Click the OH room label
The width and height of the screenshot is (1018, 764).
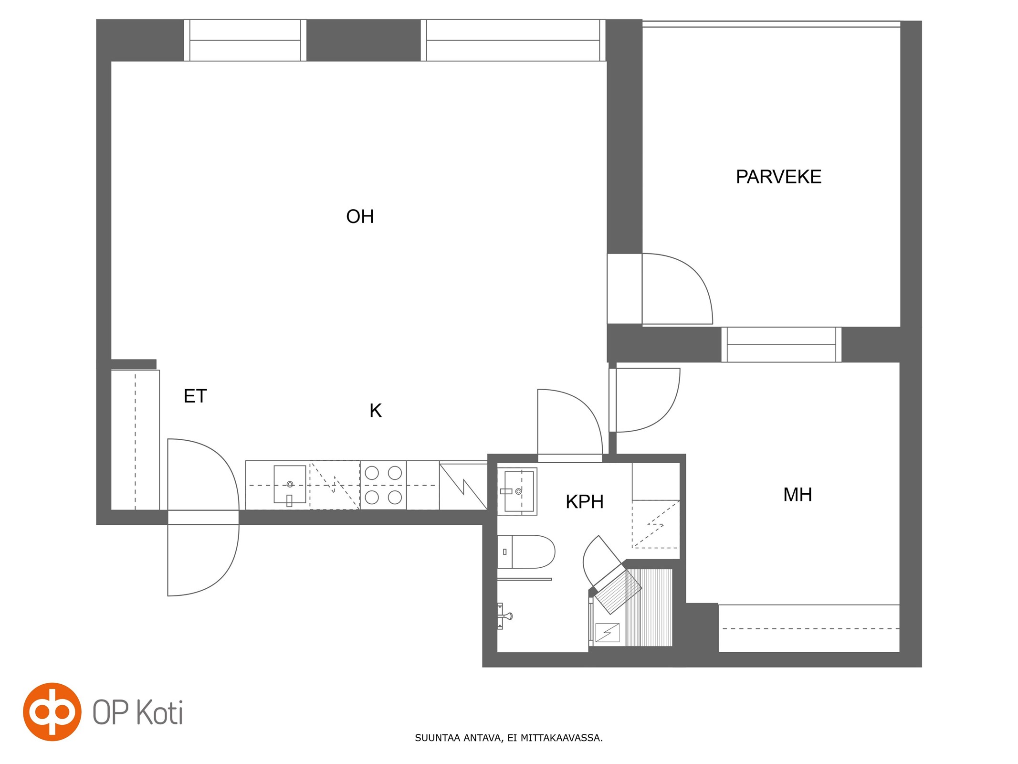(x=360, y=216)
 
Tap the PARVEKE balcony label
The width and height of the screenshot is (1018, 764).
(x=778, y=177)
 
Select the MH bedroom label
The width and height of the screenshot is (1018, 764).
(x=798, y=495)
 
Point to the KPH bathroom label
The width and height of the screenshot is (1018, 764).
(x=585, y=502)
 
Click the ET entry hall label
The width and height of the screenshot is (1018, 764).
(x=195, y=396)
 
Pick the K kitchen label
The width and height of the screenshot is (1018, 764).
(x=376, y=411)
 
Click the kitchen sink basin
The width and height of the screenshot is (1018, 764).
(x=290, y=484)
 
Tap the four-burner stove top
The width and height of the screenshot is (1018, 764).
(x=383, y=485)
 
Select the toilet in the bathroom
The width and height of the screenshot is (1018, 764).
(x=526, y=552)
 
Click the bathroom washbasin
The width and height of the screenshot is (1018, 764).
(x=517, y=491)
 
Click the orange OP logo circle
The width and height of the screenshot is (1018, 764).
(x=52, y=711)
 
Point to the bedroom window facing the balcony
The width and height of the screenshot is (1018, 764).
(x=781, y=344)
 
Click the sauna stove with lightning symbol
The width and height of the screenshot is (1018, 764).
(x=607, y=633)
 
